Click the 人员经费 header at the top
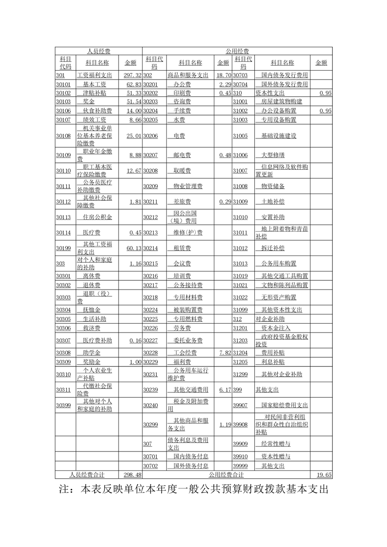[98, 51]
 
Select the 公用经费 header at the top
[237, 51]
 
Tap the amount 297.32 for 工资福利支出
[132, 76]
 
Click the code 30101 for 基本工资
[63, 84]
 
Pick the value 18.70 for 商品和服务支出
[223, 76]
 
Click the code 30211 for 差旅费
[150, 201]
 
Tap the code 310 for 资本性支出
[238, 93]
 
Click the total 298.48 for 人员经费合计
[133, 475]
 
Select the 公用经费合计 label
[226, 475]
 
